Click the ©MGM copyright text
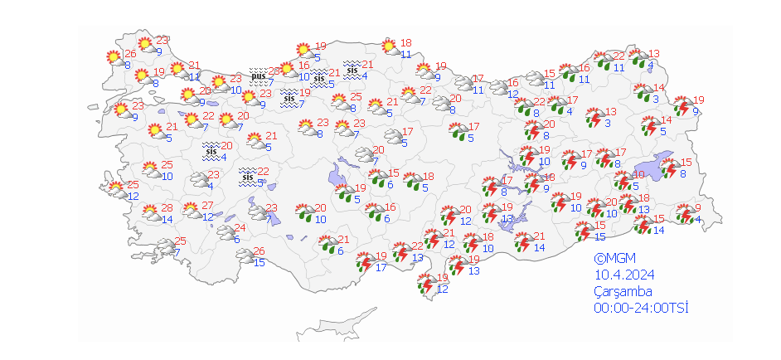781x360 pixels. point(611,258)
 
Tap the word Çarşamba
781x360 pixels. point(623,291)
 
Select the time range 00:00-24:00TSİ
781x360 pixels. point(641,308)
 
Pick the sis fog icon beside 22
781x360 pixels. point(247,177)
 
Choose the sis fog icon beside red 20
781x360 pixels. point(211,151)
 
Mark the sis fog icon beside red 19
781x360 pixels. point(289,98)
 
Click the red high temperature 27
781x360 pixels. point(208,207)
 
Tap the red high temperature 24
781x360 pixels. point(240,228)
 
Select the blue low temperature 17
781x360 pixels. point(381,267)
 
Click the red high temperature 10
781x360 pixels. point(639,175)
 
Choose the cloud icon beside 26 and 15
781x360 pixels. point(246,257)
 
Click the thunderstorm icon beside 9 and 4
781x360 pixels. point(684,216)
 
